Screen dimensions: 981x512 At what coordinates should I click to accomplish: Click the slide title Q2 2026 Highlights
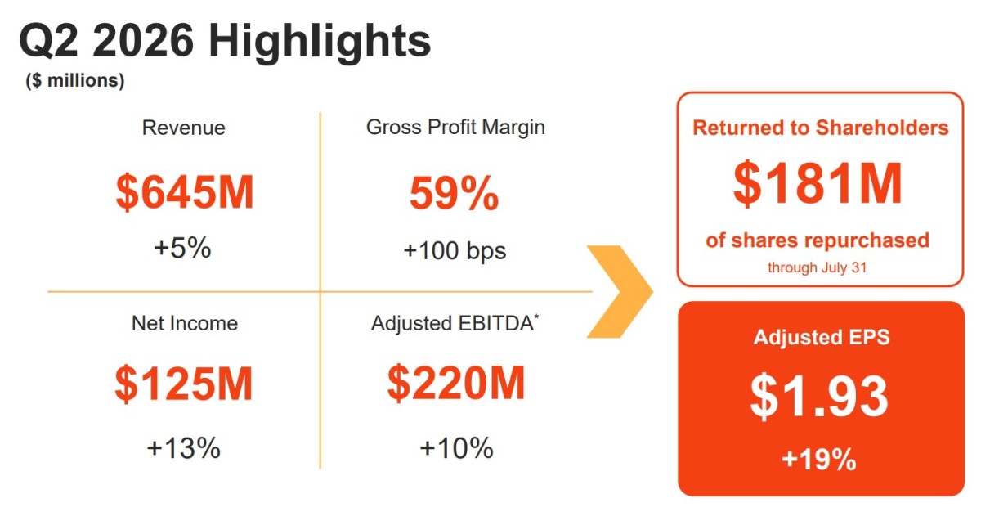click(225, 42)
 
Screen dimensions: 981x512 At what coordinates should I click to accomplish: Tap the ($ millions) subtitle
click(75, 81)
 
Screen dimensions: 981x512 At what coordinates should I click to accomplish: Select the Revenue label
click(183, 128)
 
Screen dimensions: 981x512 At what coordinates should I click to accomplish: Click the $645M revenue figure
click(185, 192)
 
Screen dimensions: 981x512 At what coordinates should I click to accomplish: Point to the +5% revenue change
click(182, 248)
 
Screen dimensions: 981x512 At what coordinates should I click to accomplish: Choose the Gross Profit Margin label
click(455, 128)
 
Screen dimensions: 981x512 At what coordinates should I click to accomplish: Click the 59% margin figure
click(455, 193)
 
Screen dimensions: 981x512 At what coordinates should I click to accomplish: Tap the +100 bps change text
click(455, 250)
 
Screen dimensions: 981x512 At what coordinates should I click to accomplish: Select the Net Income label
click(185, 324)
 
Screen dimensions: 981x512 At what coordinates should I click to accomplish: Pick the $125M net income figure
click(184, 384)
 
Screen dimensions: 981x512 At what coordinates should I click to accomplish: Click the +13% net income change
click(183, 448)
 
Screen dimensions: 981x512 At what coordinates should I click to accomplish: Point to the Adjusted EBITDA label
click(455, 324)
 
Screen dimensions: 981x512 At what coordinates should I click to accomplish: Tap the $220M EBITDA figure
click(456, 384)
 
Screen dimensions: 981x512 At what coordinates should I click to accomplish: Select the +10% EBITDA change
click(456, 448)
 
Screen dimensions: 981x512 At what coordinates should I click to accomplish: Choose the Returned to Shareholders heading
click(820, 128)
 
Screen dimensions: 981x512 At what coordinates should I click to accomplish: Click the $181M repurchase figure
click(817, 183)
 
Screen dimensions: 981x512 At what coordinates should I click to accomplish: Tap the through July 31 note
click(817, 267)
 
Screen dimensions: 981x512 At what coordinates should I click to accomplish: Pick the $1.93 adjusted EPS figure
click(818, 397)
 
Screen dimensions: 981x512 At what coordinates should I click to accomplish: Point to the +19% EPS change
click(819, 460)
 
